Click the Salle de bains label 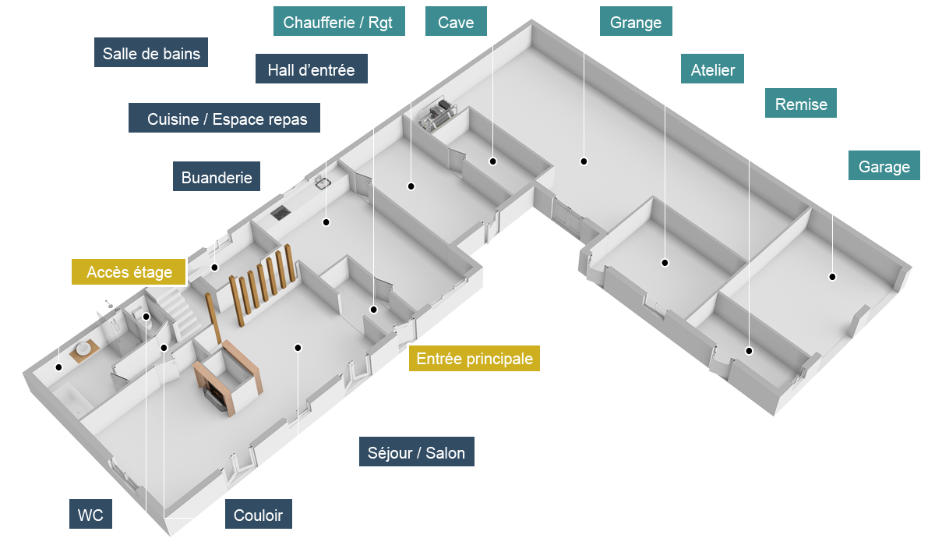(151, 54)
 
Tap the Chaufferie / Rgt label (338, 23)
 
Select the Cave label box (456, 23)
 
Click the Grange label (636, 23)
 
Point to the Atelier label (712, 70)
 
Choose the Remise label (801, 104)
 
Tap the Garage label (884, 167)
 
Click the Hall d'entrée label (311, 70)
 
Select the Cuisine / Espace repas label (227, 119)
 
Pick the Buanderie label (217, 178)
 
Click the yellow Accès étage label (129, 272)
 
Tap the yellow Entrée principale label (474, 359)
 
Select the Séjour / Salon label (416, 453)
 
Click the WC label (90, 515)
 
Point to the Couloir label (258, 515)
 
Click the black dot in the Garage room (831, 277)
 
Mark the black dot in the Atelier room (665, 263)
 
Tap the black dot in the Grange (583, 161)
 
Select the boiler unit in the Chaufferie (439, 114)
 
